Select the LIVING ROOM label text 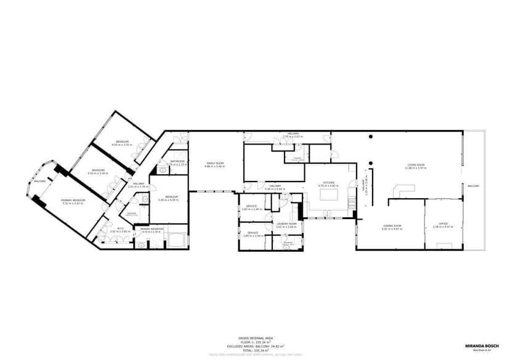pyautogui.click(x=416, y=164)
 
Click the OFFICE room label pyautogui.click(x=443, y=223)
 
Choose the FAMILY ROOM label pyautogui.click(x=215, y=163)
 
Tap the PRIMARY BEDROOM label pyautogui.click(x=73, y=200)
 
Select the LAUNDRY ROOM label pyautogui.click(x=286, y=224)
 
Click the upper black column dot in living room pyautogui.click(x=371, y=137)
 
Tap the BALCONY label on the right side pyautogui.click(x=473, y=186)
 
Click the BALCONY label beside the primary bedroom pyautogui.click(x=39, y=182)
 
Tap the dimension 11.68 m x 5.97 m pyautogui.click(x=416, y=168)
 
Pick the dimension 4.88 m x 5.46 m pyautogui.click(x=215, y=167)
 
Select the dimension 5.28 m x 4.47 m pyautogui.click(x=443, y=227)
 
